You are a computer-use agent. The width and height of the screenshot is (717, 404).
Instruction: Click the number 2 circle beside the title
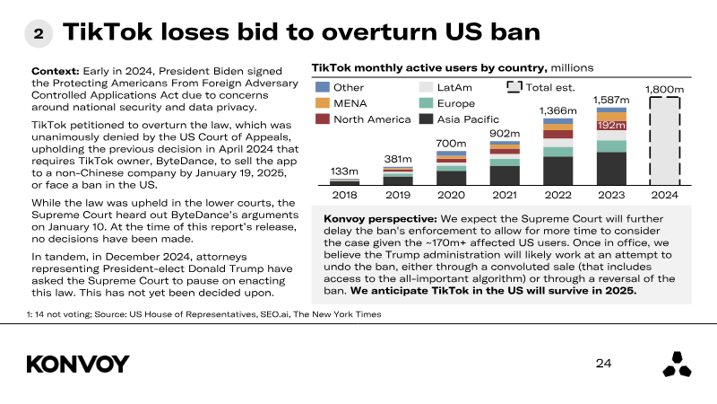point(39,33)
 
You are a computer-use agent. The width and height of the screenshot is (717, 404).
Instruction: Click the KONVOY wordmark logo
point(78,364)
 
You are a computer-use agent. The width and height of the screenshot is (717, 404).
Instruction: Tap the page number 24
point(603,364)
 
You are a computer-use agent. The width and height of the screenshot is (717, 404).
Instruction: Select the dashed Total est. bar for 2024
point(664,141)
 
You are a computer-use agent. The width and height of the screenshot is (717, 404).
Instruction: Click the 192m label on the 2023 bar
point(611,125)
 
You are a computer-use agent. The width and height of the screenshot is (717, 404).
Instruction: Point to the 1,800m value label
point(664,89)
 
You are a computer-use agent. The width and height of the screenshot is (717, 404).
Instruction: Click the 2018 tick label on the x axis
point(344,195)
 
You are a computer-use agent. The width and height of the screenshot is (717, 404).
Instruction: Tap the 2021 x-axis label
point(505,195)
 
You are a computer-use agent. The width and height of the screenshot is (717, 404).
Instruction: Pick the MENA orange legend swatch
point(323,103)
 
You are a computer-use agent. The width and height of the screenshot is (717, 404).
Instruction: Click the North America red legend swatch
point(323,119)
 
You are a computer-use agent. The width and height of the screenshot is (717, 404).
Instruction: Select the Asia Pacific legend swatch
point(427,119)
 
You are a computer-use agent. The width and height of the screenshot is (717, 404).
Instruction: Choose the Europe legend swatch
point(427,103)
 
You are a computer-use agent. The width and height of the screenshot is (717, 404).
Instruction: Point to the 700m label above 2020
point(451,144)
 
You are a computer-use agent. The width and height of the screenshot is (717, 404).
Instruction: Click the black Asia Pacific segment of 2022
point(557,171)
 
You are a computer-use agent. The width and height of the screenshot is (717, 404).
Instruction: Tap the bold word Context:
point(56,71)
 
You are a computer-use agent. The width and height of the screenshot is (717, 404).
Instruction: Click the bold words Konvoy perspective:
point(380,219)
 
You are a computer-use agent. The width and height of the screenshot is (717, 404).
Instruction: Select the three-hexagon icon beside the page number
point(678,364)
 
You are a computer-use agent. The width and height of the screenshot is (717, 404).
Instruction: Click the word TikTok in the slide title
point(108,32)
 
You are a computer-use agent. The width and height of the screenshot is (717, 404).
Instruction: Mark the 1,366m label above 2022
point(557,110)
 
